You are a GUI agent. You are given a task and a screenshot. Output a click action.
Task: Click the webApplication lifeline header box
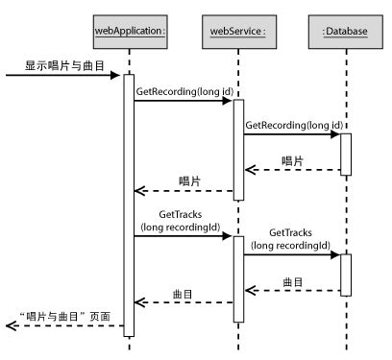[x=130, y=31]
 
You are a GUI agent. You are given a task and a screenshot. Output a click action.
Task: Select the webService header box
[x=237, y=31]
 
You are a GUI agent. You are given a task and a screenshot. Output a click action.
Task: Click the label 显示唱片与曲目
[x=64, y=66]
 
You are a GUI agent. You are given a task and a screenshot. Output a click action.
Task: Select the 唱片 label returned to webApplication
[x=190, y=180]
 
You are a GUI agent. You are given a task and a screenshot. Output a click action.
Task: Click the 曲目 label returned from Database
[x=294, y=281]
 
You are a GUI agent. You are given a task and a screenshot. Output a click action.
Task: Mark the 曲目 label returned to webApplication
[x=184, y=293]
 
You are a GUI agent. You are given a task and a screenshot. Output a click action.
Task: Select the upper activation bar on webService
[x=238, y=149]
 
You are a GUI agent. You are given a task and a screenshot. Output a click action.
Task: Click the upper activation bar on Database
[x=345, y=154]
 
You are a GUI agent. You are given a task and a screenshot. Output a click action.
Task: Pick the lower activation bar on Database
[x=345, y=275]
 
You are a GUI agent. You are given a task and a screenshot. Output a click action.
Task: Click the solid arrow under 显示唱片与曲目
[x=62, y=77]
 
